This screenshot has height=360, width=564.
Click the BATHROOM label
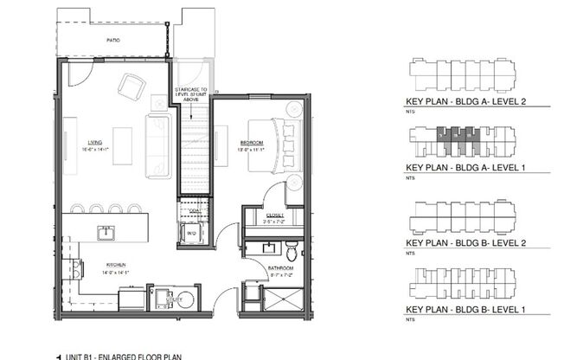pos(279,268)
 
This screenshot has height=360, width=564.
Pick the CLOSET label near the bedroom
pos(273,215)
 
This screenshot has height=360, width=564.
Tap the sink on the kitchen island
pos(107,232)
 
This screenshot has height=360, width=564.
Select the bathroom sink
pos(268,251)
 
